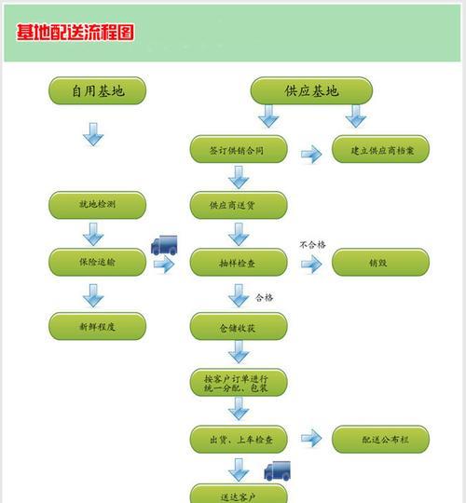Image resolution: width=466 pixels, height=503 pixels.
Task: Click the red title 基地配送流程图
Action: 75,32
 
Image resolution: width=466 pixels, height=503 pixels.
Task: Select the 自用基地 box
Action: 98,90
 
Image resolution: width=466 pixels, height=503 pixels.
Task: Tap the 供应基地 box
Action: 311,90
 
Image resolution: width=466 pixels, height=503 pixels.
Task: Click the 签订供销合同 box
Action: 239,149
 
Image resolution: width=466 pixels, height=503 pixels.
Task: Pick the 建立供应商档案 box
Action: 380,149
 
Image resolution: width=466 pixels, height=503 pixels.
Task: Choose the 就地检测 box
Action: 98,205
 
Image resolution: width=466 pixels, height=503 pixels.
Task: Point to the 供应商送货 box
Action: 239,205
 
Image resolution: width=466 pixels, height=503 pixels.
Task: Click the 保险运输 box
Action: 98,262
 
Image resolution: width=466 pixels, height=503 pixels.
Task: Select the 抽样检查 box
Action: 239,262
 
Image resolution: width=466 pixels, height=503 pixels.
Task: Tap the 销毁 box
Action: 380,262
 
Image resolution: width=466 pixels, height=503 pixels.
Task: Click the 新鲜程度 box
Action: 98,326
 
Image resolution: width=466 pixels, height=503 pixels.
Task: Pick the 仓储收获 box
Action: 239,326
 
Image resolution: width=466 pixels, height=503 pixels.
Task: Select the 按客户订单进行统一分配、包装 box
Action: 239,383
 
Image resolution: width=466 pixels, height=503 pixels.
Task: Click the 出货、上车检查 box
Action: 239,439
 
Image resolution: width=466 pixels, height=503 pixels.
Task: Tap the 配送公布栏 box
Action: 380,439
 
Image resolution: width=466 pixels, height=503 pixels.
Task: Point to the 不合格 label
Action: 312,245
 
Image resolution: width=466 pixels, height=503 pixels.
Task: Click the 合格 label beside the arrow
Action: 264,297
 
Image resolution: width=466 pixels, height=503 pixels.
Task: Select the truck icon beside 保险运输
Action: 164,245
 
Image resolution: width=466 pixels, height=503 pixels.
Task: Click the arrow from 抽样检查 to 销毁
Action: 311,264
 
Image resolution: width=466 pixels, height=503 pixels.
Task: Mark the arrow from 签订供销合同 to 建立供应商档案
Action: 311,155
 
